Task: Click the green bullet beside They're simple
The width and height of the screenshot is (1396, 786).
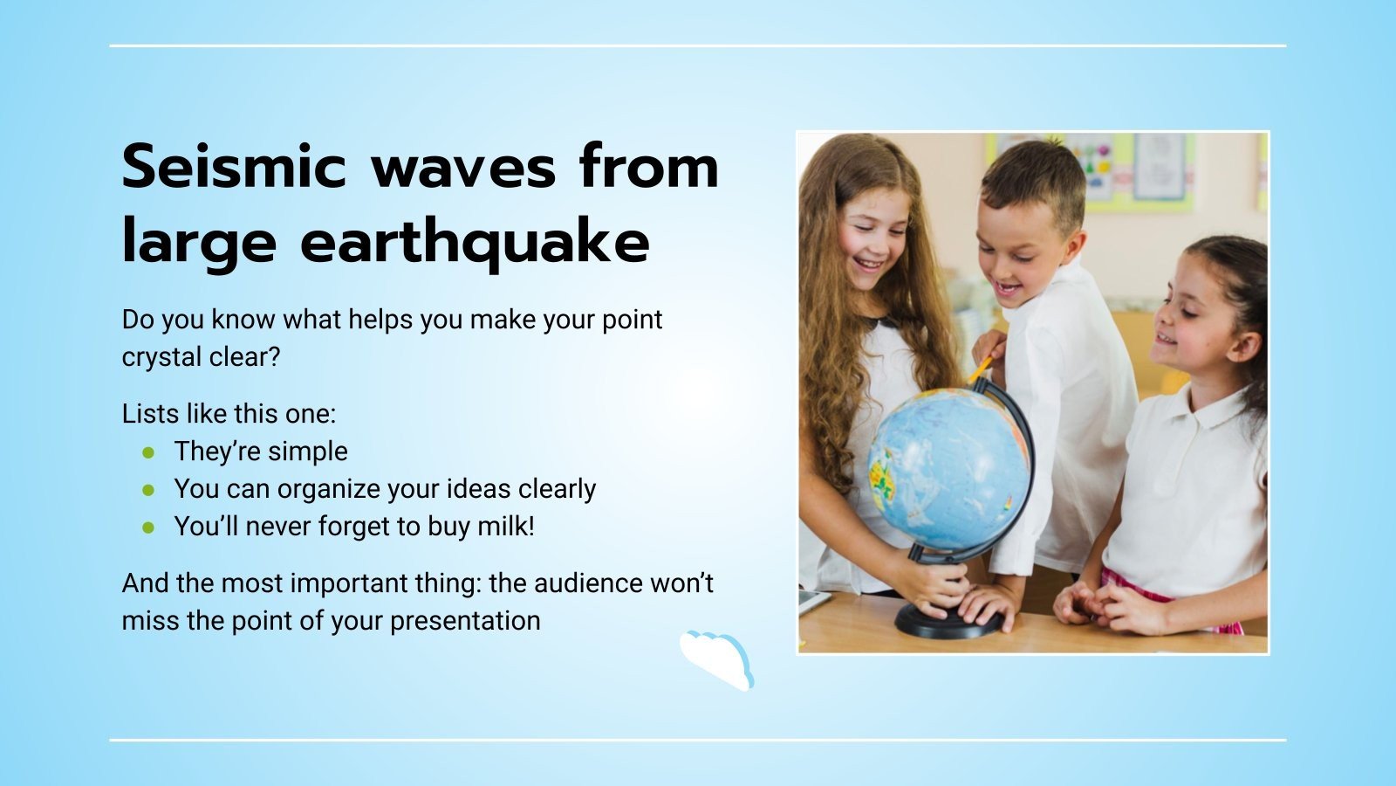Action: click(149, 452)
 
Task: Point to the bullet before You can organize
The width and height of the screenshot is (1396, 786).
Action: click(149, 490)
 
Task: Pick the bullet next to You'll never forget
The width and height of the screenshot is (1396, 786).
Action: click(149, 527)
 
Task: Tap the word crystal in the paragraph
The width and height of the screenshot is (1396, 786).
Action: click(161, 357)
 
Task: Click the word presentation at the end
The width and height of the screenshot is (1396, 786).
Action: click(465, 621)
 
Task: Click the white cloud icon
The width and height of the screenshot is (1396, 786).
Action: click(717, 659)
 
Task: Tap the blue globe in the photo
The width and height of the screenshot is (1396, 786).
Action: click(947, 467)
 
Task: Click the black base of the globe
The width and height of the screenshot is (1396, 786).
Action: click(949, 620)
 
